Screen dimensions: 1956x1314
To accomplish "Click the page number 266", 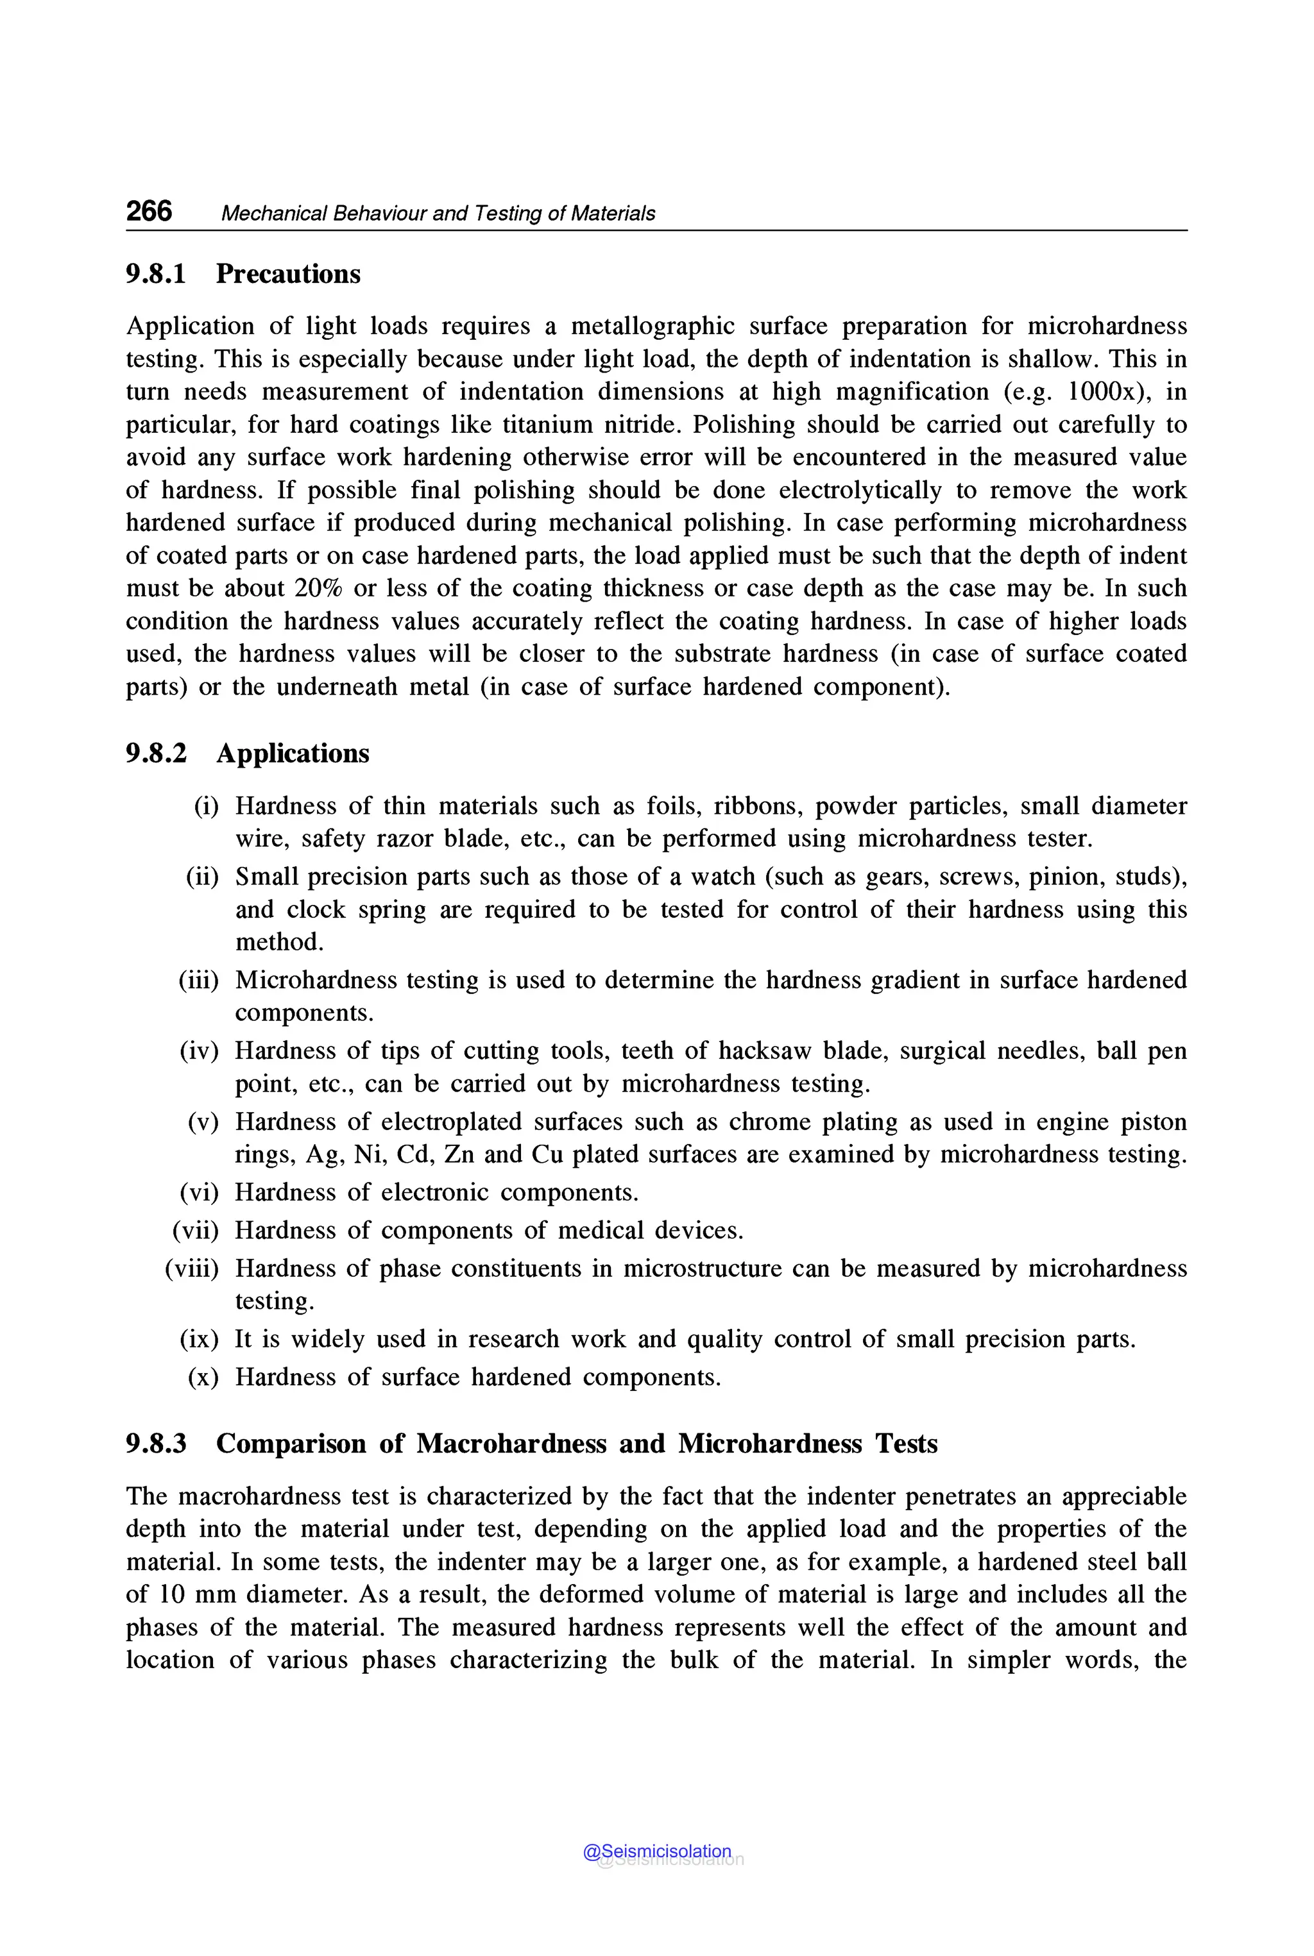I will (149, 211).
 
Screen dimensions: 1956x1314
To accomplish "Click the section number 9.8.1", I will (156, 274).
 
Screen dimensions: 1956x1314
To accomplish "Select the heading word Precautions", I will (288, 274).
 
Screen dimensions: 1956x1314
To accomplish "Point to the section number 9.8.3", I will (156, 1444).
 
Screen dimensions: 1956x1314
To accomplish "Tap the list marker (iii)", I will (198, 980).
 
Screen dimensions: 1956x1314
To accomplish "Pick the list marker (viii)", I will (192, 1269).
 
